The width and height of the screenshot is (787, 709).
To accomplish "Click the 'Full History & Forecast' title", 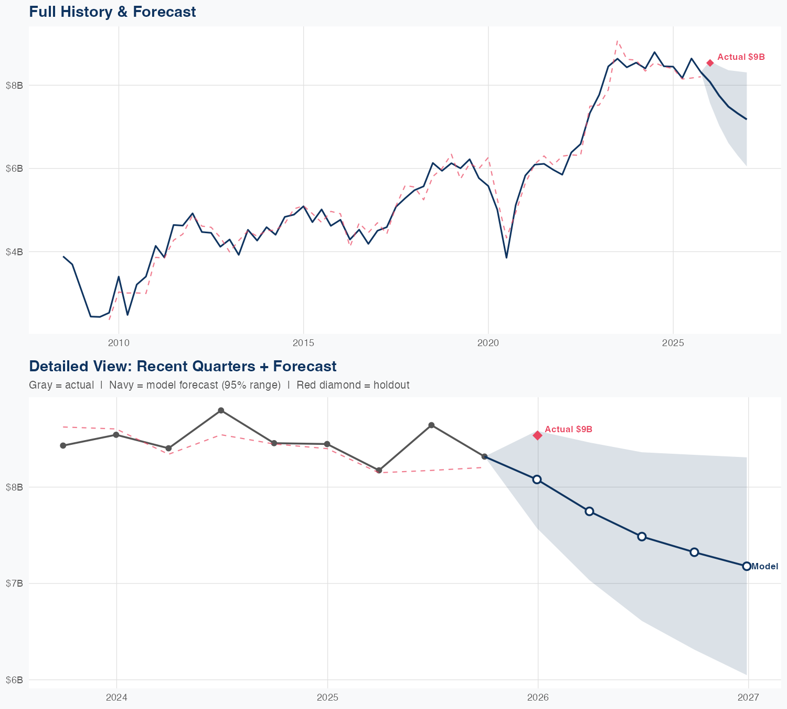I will pyautogui.click(x=112, y=12).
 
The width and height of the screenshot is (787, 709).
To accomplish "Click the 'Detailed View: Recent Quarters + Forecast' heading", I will pyautogui.click(x=183, y=366).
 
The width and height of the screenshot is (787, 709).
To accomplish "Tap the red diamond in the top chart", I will pyautogui.click(x=710, y=63).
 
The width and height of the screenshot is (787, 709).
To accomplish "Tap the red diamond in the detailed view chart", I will pyautogui.click(x=537, y=435).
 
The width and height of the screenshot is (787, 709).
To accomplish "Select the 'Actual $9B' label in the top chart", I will pyautogui.click(x=741, y=57).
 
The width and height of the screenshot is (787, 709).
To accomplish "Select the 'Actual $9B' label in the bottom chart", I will pyautogui.click(x=568, y=430).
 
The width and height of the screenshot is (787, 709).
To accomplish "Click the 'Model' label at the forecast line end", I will pyautogui.click(x=764, y=566).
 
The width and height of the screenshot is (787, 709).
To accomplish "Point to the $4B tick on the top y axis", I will pyautogui.click(x=14, y=252).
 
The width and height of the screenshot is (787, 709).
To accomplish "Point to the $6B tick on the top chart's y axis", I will pyautogui.click(x=14, y=169).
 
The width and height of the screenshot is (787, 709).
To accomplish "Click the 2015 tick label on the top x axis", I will pyautogui.click(x=303, y=343).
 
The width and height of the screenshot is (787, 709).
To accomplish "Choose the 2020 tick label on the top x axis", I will pyautogui.click(x=488, y=343).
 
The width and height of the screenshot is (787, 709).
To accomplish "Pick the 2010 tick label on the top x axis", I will pyautogui.click(x=119, y=343).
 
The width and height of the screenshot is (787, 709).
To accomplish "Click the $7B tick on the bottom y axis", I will pyautogui.click(x=14, y=583).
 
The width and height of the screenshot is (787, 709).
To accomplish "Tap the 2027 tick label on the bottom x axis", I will pyautogui.click(x=748, y=697).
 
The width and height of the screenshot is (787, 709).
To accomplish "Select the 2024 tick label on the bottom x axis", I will pyautogui.click(x=116, y=697).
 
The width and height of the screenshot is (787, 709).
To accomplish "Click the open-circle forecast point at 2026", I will pyautogui.click(x=537, y=479).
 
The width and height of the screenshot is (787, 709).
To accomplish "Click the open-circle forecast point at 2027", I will pyautogui.click(x=747, y=566).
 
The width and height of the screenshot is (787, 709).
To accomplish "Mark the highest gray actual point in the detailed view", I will pyautogui.click(x=221, y=410).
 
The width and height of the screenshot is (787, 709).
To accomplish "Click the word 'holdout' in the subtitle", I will pyautogui.click(x=391, y=385).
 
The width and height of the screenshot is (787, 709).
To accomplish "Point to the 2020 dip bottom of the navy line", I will pyautogui.click(x=506, y=257).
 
